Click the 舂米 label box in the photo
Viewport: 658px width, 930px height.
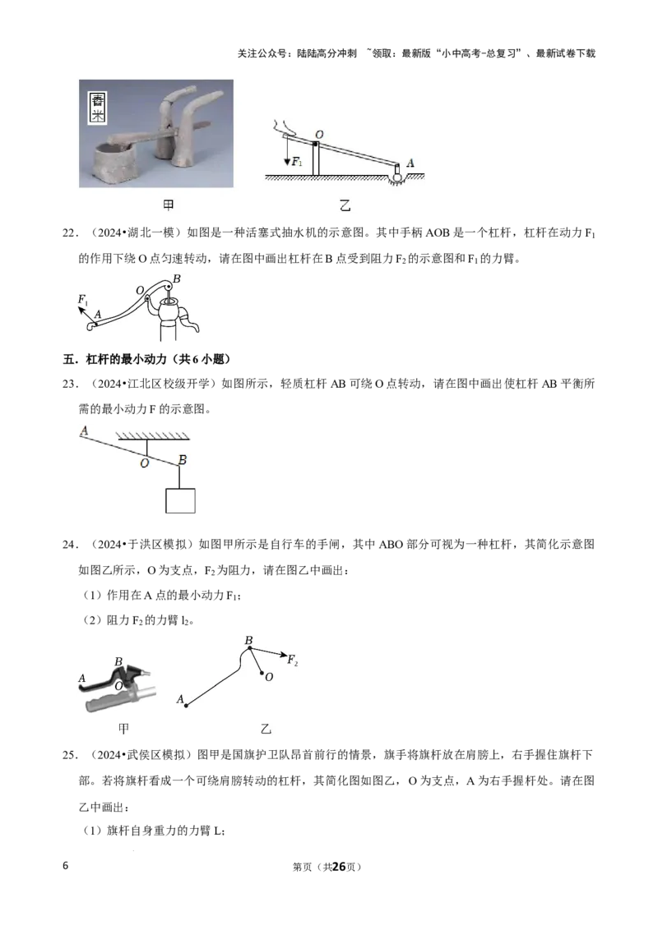click(97, 108)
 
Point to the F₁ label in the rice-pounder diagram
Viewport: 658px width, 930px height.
click(297, 161)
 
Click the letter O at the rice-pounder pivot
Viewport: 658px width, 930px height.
click(319, 135)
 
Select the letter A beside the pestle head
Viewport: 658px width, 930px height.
click(410, 163)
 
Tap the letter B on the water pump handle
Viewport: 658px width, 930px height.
click(176, 279)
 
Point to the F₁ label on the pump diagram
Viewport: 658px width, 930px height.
click(83, 300)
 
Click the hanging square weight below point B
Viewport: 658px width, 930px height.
click(180, 500)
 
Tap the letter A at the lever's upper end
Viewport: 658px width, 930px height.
click(84, 430)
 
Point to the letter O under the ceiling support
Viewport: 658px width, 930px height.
click(144, 463)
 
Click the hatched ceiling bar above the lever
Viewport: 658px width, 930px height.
click(153, 436)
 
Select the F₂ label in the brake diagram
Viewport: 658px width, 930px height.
click(292, 660)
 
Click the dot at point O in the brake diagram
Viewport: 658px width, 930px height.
click(262, 673)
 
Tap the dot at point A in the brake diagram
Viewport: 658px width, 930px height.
click(187, 706)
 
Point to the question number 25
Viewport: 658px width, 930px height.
click(70, 754)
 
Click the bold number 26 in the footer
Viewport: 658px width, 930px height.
click(339, 867)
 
